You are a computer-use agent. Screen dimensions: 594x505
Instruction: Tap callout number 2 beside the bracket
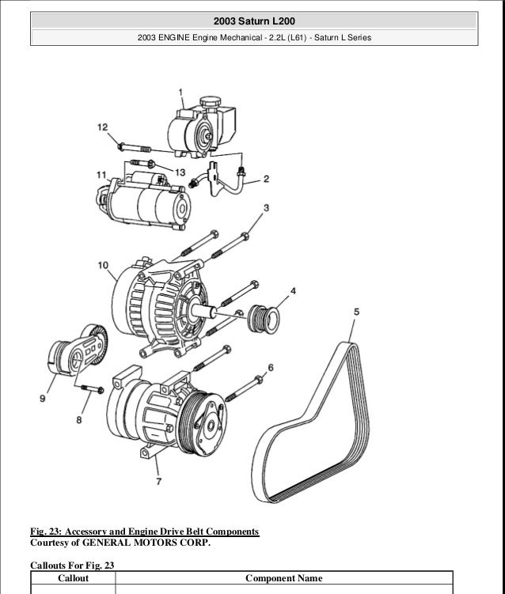(266, 179)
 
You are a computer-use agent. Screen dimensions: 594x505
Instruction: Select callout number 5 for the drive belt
(356, 312)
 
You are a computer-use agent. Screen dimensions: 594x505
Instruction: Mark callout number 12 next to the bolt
(103, 127)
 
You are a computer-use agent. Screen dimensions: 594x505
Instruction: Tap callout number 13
(180, 172)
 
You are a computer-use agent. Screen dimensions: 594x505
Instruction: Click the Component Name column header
(283, 578)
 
